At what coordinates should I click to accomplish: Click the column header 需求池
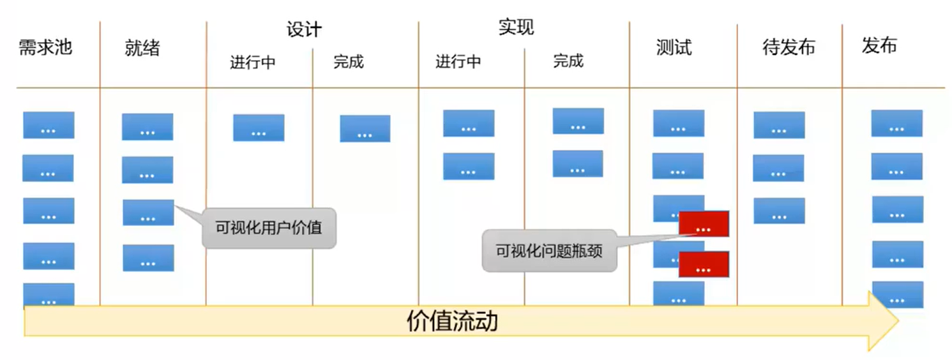(45, 48)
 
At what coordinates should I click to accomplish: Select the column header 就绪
(142, 48)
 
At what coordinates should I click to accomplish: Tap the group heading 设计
(304, 30)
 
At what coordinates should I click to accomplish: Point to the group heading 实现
(516, 27)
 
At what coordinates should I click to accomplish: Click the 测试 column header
(674, 47)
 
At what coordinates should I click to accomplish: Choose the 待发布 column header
(789, 47)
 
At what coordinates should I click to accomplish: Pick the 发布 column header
(879, 45)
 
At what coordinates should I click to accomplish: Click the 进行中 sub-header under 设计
(253, 63)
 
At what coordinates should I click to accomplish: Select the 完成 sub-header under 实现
(568, 61)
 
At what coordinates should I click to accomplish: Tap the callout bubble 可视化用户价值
(269, 227)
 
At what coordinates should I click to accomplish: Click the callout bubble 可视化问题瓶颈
(549, 251)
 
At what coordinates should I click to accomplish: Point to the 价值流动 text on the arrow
(452, 322)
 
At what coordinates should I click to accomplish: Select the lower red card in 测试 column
(704, 264)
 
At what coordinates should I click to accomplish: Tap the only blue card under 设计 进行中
(259, 128)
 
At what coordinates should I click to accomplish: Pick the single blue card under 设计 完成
(365, 128)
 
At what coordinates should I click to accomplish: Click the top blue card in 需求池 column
(49, 125)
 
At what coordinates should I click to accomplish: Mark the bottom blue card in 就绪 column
(148, 258)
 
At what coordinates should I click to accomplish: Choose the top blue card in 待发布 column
(779, 125)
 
